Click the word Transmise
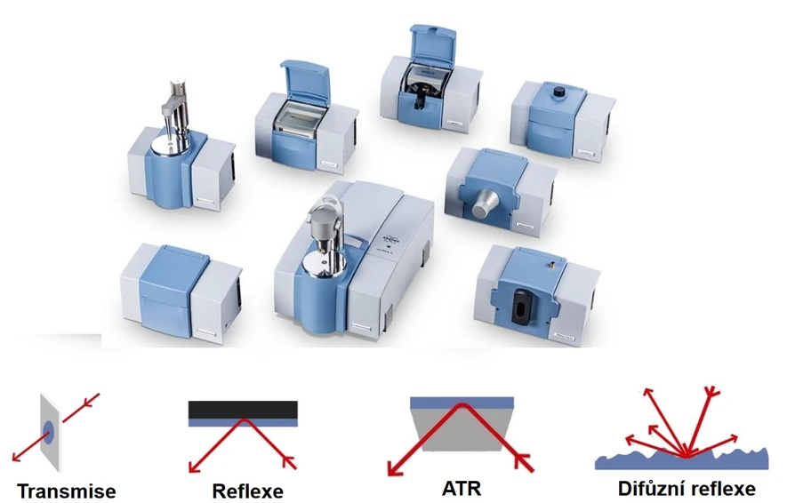[x=67, y=491]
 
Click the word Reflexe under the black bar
[x=247, y=491]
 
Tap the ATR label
[x=462, y=488]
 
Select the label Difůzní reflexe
[x=687, y=488]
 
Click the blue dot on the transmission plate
[x=49, y=432]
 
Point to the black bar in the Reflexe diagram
[x=243, y=410]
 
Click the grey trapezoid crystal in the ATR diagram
[x=462, y=427]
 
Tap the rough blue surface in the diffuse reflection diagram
[x=681, y=459]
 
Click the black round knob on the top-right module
[x=558, y=92]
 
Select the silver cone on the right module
[x=485, y=204]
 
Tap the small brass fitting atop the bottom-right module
[x=550, y=263]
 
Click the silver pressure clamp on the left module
[x=174, y=114]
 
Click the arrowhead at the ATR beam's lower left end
[x=395, y=468]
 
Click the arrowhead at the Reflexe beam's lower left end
[x=194, y=467]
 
